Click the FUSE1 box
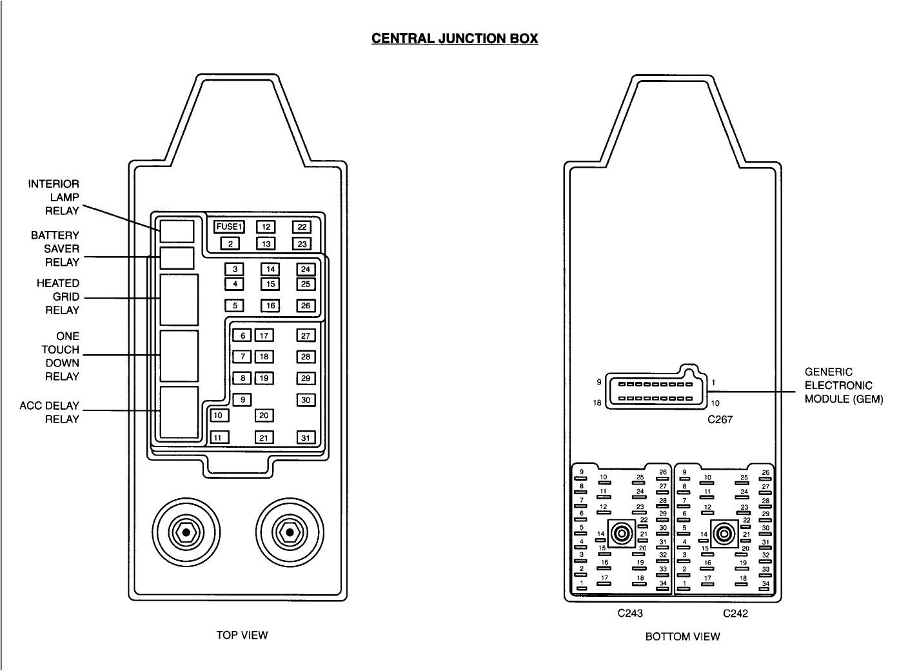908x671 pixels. pyautogui.click(x=229, y=226)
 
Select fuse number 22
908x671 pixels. pyautogui.click(x=302, y=226)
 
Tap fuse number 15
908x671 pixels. pyautogui.click(x=270, y=284)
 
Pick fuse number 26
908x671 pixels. pyautogui.click(x=306, y=306)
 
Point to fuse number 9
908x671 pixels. pyautogui.click(x=242, y=400)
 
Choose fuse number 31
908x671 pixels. pyautogui.click(x=306, y=437)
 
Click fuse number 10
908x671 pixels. pyautogui.click(x=219, y=416)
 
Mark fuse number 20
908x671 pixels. pyautogui.click(x=264, y=416)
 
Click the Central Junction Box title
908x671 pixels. pyautogui.click(x=455, y=38)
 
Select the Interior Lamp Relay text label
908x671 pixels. pyautogui.click(x=54, y=197)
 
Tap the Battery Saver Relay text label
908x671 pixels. pyautogui.click(x=55, y=248)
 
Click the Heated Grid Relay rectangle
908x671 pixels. pyautogui.click(x=179, y=299)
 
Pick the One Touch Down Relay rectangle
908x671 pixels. pyautogui.click(x=179, y=356)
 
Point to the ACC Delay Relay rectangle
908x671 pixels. pyautogui.click(x=179, y=413)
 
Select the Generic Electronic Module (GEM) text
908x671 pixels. pyautogui.click(x=844, y=385)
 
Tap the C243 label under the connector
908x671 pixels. pyautogui.click(x=629, y=614)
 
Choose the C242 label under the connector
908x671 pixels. pyautogui.click(x=735, y=614)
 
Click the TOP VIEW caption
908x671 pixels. pyautogui.click(x=242, y=635)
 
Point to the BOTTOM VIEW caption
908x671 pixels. pyautogui.click(x=682, y=637)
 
